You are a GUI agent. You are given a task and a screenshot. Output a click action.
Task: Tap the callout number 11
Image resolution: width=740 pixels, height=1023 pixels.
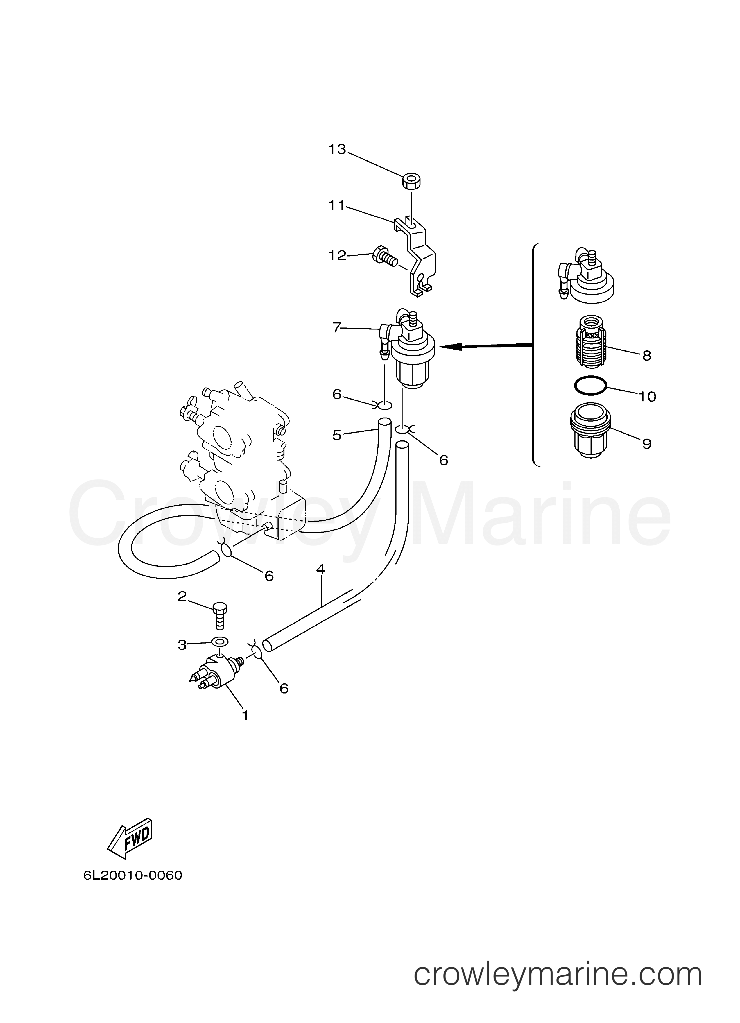336,206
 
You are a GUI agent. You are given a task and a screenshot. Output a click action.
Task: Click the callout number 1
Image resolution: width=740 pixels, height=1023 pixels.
245,715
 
